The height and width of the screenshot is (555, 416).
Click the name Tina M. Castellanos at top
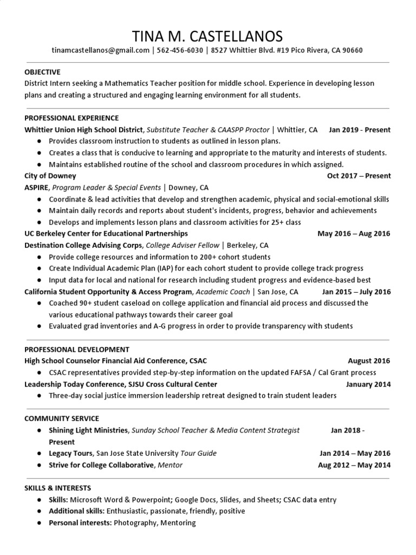(x=207, y=36)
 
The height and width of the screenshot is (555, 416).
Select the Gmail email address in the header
(x=100, y=50)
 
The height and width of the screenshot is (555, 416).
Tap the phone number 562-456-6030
(x=180, y=50)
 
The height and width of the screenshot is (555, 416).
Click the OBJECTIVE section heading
(x=42, y=72)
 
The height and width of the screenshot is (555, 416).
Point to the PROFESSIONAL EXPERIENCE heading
(x=71, y=118)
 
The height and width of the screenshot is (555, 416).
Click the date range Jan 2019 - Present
(x=359, y=130)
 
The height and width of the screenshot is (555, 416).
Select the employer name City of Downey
(x=50, y=176)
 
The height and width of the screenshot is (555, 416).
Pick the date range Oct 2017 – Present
(x=359, y=176)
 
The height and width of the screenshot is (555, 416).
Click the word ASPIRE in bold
(x=37, y=188)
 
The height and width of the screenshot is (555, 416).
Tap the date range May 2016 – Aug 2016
(x=353, y=233)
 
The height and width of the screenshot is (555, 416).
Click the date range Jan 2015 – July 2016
(x=356, y=292)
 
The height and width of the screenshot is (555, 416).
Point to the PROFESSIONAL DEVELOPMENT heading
(x=77, y=349)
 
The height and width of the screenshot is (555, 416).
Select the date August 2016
(x=369, y=360)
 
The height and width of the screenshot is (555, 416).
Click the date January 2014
(x=368, y=384)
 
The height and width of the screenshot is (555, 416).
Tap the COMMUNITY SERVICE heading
(x=62, y=418)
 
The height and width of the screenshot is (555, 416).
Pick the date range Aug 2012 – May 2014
(x=354, y=465)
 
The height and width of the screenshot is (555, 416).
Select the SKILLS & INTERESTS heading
(x=57, y=488)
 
